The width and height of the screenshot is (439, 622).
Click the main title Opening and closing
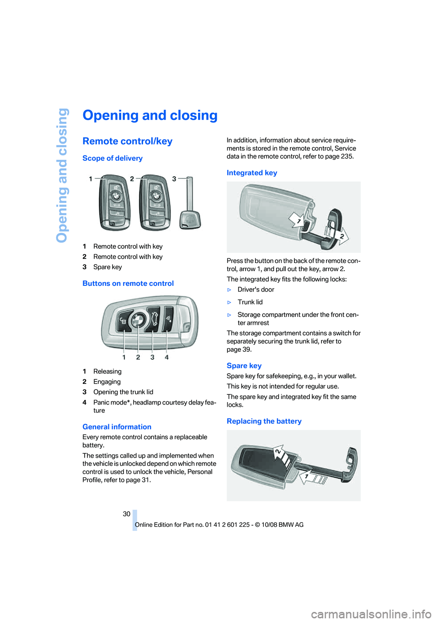click(150, 115)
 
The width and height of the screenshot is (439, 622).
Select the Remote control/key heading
click(127, 142)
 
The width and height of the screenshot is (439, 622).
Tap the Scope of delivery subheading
click(112, 158)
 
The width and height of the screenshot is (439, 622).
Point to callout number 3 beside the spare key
click(174, 179)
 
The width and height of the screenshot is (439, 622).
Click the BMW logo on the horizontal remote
click(138, 320)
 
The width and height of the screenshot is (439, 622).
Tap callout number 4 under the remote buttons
click(166, 357)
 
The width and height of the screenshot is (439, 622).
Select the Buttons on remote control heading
click(128, 284)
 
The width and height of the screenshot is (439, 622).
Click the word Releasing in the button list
click(107, 371)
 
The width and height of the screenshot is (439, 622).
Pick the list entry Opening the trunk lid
click(123, 392)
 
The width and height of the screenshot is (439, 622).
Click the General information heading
click(117, 427)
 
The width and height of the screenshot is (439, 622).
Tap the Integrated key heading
click(252, 173)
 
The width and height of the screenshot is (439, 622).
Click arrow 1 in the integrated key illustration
click(298, 220)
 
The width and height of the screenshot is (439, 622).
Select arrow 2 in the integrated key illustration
click(341, 235)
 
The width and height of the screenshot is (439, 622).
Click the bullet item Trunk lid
click(250, 302)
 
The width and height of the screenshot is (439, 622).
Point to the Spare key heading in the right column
click(244, 366)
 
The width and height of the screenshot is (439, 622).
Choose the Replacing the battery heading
click(264, 421)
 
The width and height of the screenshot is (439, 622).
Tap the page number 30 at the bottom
click(127, 514)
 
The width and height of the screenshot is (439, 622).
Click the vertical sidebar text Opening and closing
click(62, 175)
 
